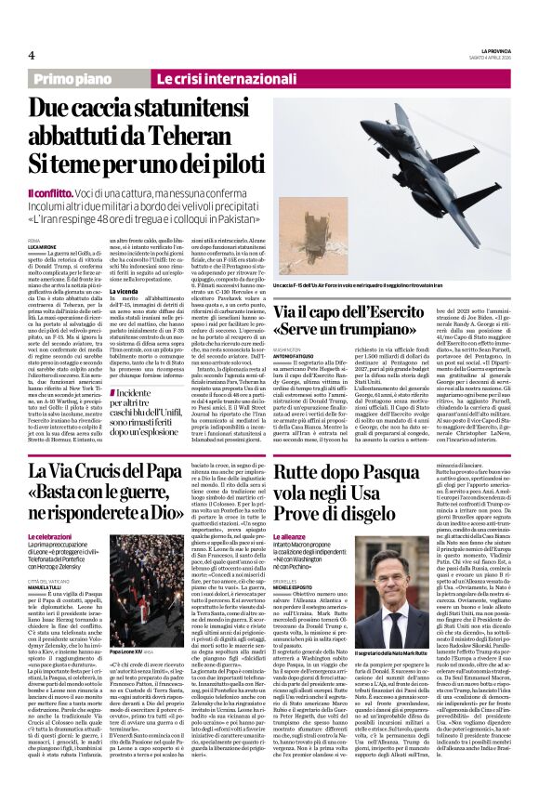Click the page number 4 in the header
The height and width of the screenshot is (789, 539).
coord(31,55)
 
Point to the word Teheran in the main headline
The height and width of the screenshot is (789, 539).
coord(210,134)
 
